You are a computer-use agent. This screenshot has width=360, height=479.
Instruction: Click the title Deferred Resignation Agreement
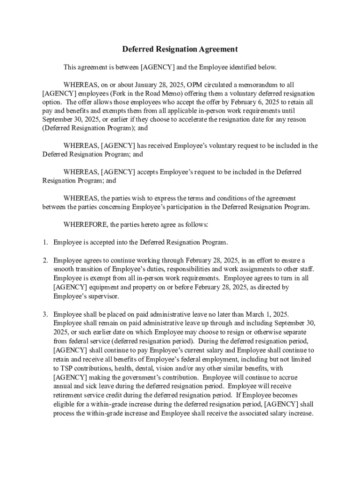pyautogui.click(x=180, y=49)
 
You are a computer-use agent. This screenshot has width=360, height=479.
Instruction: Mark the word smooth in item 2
pyautogui.click(x=64, y=269)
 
